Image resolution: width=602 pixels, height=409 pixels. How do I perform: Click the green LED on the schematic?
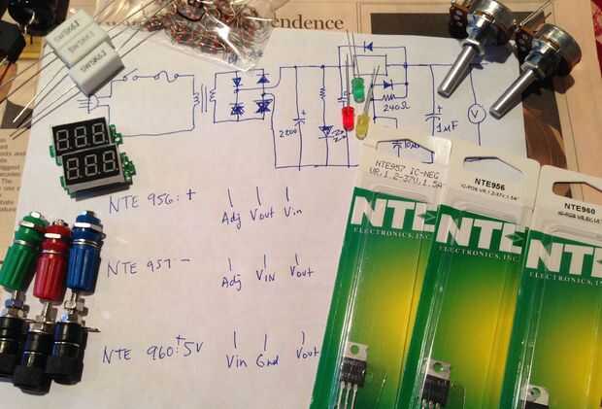pyautogui.click(x=357, y=88)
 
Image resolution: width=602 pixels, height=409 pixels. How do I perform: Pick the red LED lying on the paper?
pyautogui.click(x=347, y=118)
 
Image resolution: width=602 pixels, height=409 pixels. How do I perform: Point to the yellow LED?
pyautogui.click(x=362, y=124)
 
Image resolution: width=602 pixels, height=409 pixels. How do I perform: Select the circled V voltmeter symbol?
pyautogui.click(x=476, y=115)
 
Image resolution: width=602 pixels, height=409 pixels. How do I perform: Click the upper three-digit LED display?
pyautogui.click(x=83, y=137)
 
